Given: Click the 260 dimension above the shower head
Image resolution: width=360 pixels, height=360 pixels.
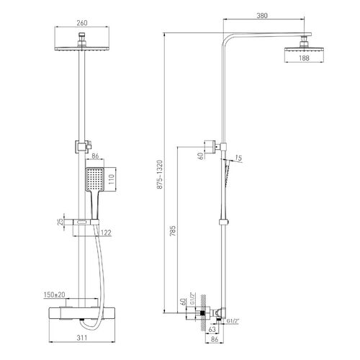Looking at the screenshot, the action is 82,23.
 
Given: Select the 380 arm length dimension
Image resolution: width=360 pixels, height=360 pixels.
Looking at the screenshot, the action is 262,16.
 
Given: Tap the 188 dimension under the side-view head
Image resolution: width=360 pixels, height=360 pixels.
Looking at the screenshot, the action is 304,58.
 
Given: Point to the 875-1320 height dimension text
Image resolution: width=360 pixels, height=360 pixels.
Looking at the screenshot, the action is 160,174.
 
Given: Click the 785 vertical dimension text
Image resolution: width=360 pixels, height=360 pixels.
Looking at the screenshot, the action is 173,231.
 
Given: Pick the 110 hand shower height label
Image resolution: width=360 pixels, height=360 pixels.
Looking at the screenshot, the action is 112,179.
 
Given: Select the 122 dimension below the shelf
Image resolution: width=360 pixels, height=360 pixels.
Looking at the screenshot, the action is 106,233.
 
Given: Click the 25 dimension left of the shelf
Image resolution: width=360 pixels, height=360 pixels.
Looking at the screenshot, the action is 60,222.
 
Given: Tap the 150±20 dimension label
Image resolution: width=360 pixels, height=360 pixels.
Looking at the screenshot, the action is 55,294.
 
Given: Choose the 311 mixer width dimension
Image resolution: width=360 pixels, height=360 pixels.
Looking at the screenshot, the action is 82,338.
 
